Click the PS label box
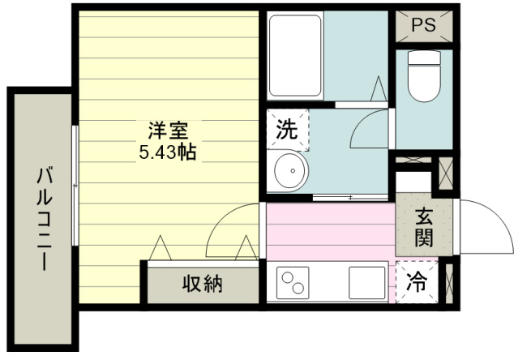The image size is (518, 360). (x=422, y=25)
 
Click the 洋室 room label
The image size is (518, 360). (x=168, y=128)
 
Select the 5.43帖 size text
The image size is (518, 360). (x=169, y=150)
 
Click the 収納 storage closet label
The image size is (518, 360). (x=201, y=284)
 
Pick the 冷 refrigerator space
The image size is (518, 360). (x=417, y=284)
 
